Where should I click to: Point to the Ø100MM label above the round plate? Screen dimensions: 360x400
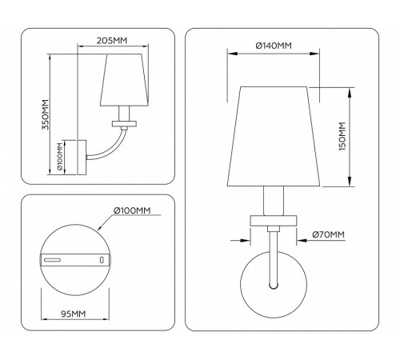(x=132, y=210)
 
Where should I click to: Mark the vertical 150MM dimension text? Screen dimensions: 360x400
(x=342, y=138)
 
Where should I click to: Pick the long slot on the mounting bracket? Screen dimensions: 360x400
(x=54, y=260)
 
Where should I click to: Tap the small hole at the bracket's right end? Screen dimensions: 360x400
(x=102, y=260)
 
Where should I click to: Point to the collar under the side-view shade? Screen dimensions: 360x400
(x=125, y=122)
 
